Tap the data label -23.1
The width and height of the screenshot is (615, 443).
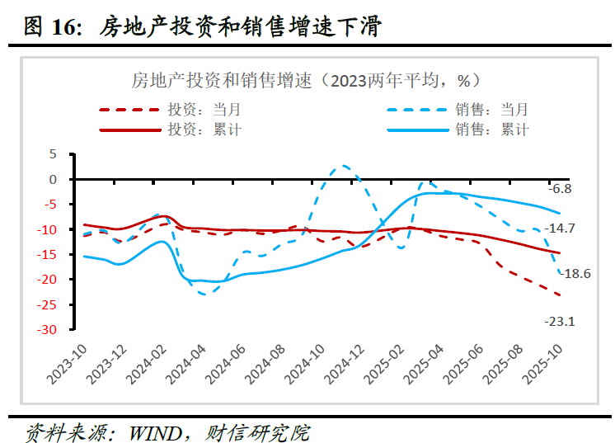coord(559,322)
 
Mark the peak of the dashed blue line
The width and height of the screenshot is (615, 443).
coord(344,166)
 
